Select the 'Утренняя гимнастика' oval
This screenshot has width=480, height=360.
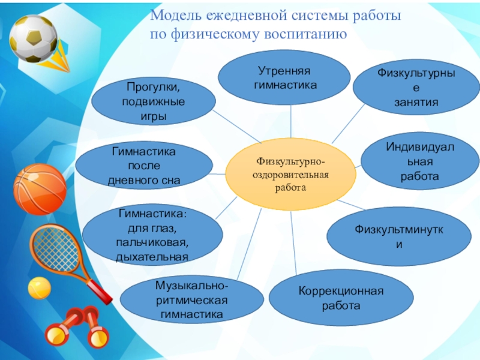coord(284,79)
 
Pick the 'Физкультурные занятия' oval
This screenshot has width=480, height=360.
coord(416,87)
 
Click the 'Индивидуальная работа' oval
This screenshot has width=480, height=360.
coord(419,161)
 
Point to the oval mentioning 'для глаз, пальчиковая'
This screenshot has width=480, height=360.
coord(152,236)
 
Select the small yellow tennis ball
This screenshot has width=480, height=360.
coord(40,287)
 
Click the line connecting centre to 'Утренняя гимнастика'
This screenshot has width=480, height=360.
coord(291,122)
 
